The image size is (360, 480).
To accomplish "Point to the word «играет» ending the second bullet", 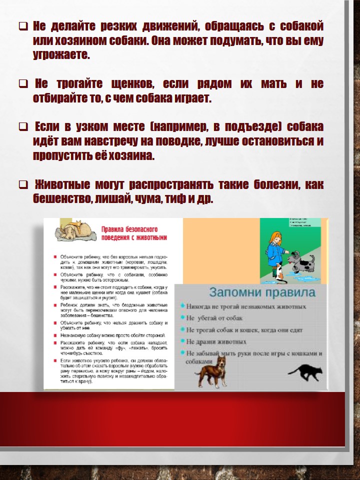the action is pyautogui.click(x=194, y=99).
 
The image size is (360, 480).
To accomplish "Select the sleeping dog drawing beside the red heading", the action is pyautogui.click(x=72, y=229).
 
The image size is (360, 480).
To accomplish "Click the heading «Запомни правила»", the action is pyautogui.click(x=262, y=292).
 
